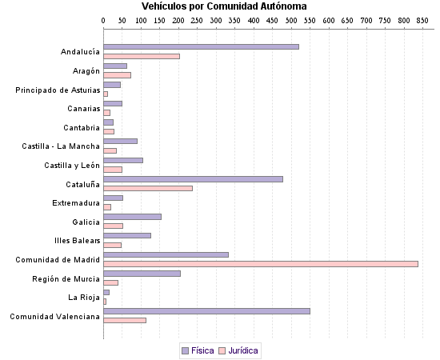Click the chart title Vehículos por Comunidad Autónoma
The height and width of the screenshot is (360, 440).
click(x=218, y=6)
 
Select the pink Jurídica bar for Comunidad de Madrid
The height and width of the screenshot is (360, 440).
click(x=261, y=263)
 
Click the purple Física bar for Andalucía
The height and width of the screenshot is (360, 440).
click(x=201, y=46)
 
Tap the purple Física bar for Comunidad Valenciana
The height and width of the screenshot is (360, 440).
click(x=206, y=310)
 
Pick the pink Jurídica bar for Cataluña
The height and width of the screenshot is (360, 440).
click(x=148, y=188)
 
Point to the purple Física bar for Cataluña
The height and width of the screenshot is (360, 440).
click(x=193, y=178)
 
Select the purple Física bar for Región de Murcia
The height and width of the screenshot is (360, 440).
click(x=142, y=273)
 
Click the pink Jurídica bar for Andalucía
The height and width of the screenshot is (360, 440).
click(x=142, y=56)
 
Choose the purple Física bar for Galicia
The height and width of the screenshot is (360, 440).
click(x=132, y=216)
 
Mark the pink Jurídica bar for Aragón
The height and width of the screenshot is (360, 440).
click(x=117, y=75)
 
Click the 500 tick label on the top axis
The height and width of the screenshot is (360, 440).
click(x=290, y=20)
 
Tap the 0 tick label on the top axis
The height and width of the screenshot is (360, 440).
click(x=104, y=20)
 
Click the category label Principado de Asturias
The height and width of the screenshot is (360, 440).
click(x=58, y=90)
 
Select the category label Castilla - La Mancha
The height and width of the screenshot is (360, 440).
click(x=61, y=146)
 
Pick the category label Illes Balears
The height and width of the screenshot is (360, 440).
click(x=77, y=241)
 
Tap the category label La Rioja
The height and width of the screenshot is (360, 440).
click(x=83, y=298)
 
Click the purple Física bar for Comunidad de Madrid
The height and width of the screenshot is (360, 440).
click(x=166, y=254)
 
